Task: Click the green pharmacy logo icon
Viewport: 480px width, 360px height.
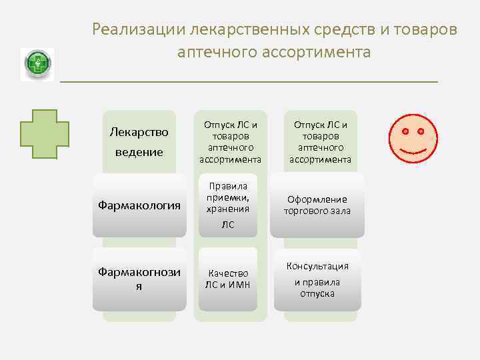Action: pos(37,65)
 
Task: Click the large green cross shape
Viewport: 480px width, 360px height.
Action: pos(44,132)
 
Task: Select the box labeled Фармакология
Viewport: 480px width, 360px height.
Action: pos(139,205)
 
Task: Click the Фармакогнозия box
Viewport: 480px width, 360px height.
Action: pos(139,279)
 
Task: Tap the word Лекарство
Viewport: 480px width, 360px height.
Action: pos(139,132)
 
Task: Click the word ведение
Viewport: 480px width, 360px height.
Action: pos(139,152)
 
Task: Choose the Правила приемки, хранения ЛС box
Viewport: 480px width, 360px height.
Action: pos(229,205)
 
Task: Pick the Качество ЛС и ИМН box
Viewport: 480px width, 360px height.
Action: pos(229,279)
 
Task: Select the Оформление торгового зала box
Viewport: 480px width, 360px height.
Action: pos(317,205)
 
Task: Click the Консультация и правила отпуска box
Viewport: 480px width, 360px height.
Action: pos(317,279)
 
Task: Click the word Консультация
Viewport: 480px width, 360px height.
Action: pos(317,266)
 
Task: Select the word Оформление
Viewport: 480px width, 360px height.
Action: pos(317,199)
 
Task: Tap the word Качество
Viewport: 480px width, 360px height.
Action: pos(229,273)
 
